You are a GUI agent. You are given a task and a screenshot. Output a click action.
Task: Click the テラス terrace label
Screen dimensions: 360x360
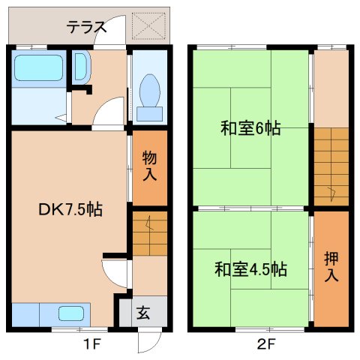click(85, 28)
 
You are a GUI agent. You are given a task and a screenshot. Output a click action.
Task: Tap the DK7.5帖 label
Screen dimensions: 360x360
click(70, 210)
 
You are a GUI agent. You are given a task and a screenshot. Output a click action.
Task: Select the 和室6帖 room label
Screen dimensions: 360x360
click(250, 128)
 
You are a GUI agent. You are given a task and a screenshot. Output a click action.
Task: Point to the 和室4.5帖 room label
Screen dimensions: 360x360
click(250, 268)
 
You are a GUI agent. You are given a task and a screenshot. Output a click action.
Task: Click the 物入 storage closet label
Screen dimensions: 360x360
click(150, 167)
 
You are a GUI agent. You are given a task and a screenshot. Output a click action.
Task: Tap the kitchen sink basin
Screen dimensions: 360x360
click(71, 314)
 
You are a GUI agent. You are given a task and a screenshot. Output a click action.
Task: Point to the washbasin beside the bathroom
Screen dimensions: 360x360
click(81, 69)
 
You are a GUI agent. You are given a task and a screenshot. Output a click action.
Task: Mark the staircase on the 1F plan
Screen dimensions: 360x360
click(151, 233)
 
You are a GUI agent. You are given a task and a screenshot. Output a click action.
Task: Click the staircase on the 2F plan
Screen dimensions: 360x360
click(331, 166)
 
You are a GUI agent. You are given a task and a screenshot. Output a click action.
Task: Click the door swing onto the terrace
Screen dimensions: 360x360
click(115, 30)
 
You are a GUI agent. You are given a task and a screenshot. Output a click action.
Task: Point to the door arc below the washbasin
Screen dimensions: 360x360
click(110, 114)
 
